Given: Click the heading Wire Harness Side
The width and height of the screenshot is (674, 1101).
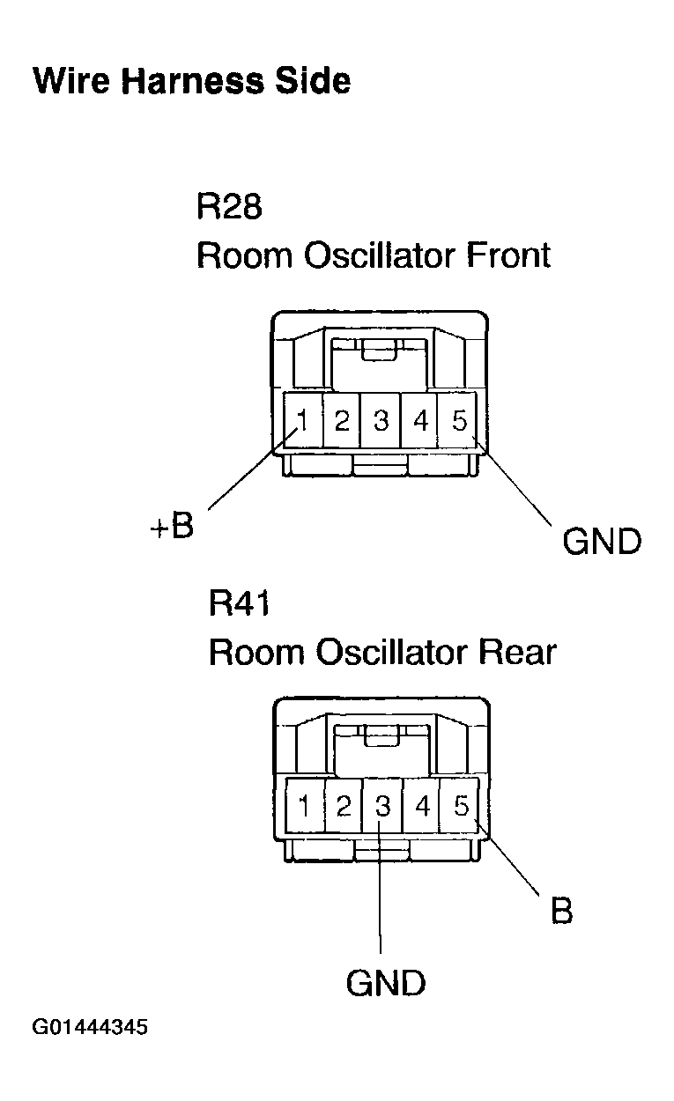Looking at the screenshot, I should [x=191, y=82].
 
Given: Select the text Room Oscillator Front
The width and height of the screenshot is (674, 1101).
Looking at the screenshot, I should [x=373, y=255].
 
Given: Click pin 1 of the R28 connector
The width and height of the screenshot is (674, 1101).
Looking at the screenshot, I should [x=302, y=421].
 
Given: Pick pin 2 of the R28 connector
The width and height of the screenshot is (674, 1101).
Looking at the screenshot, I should [x=342, y=421].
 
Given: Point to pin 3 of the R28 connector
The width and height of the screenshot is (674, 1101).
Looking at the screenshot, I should [x=381, y=421].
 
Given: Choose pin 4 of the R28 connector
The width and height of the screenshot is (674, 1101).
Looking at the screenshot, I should [x=420, y=421].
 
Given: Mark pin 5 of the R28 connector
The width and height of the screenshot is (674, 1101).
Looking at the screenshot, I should [x=459, y=421].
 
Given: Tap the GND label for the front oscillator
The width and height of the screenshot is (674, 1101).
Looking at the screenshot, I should [x=602, y=541].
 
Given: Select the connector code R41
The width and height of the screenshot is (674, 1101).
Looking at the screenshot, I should [x=240, y=604].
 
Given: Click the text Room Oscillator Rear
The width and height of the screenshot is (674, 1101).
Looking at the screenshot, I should [x=381, y=653].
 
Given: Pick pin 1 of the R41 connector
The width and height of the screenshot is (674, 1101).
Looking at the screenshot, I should [x=304, y=805].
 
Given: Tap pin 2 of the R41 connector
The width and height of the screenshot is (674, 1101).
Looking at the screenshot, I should [x=344, y=805].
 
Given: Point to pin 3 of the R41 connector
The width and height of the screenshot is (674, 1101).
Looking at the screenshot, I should [x=382, y=805].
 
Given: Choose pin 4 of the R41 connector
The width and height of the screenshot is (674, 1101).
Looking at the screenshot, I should [x=422, y=805].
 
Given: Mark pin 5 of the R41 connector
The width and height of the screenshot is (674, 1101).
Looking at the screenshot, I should [x=461, y=805].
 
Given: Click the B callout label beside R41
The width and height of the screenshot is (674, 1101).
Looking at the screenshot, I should [x=561, y=911].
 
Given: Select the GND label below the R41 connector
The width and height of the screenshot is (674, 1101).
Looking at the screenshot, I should [x=386, y=982].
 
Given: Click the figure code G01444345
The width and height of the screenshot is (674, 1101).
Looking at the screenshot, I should [x=90, y=1028].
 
